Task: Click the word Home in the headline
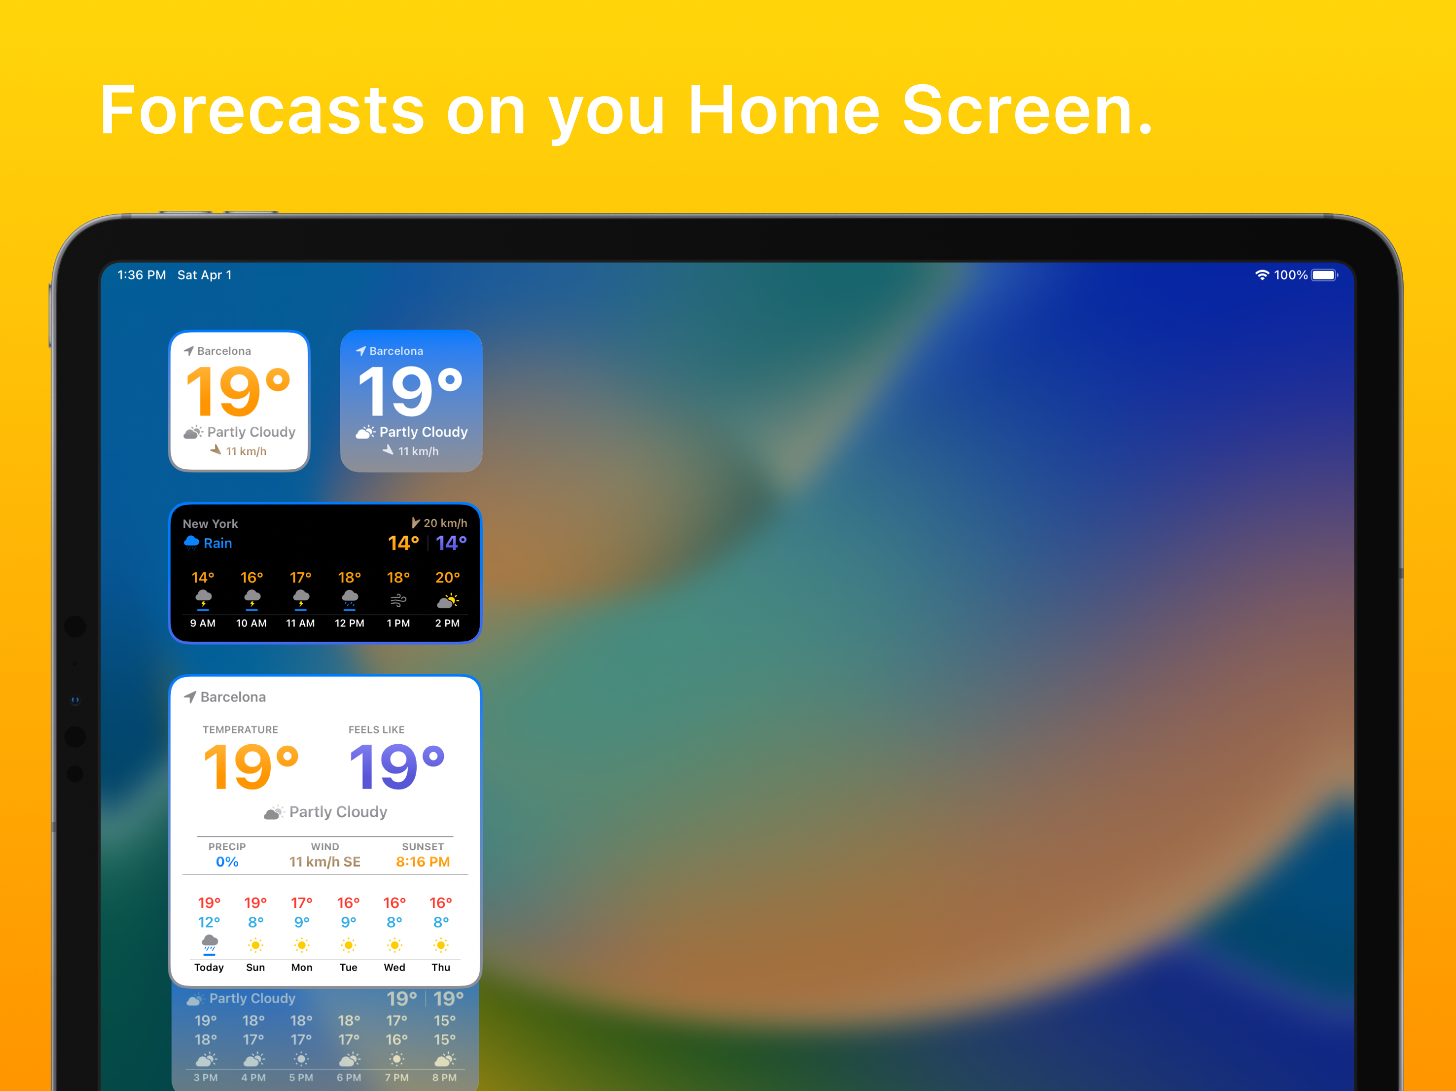[x=783, y=111]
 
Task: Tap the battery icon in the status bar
[x=1324, y=275]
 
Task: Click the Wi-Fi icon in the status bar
[x=1262, y=275]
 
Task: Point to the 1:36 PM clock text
[x=142, y=275]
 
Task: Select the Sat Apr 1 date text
[x=204, y=275]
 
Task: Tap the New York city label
[x=210, y=524]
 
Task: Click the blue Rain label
[x=218, y=543]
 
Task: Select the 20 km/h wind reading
[x=445, y=523]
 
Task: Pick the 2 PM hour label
[x=448, y=623]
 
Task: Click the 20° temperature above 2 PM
[x=448, y=578]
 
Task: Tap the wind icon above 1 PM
[x=398, y=600]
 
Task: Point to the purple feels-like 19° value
[x=397, y=767]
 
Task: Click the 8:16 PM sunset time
[x=423, y=862]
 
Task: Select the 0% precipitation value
[x=227, y=862]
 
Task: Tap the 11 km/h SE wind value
[x=325, y=862]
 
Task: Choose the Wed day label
[x=394, y=967]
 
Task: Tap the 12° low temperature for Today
[x=209, y=923]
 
